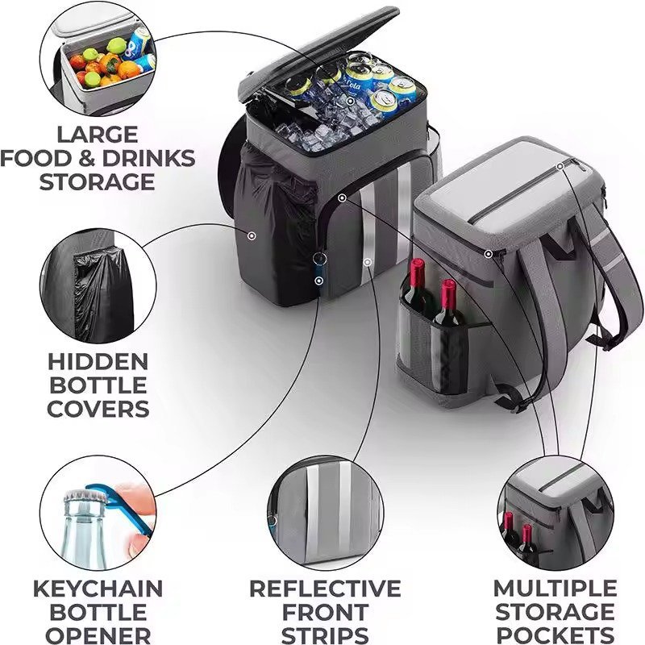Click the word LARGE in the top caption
coord(98,135)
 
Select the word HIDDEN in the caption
coord(98,362)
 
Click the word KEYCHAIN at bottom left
coord(98,589)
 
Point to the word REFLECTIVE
coord(325,589)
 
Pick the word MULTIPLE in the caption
coord(556,589)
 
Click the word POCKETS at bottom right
coord(556,635)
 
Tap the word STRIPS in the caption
coord(325,635)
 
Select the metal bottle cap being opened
coord(85,496)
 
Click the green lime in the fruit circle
coord(116,45)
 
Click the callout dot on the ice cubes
coord(350,101)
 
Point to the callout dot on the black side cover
coord(252,235)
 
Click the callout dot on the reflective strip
coord(368,262)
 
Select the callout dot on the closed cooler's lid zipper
coord(560,166)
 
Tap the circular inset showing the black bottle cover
coord(98,286)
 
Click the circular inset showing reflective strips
coord(326,513)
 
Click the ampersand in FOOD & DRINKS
coord(86,159)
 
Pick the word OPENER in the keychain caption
coord(98,635)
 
